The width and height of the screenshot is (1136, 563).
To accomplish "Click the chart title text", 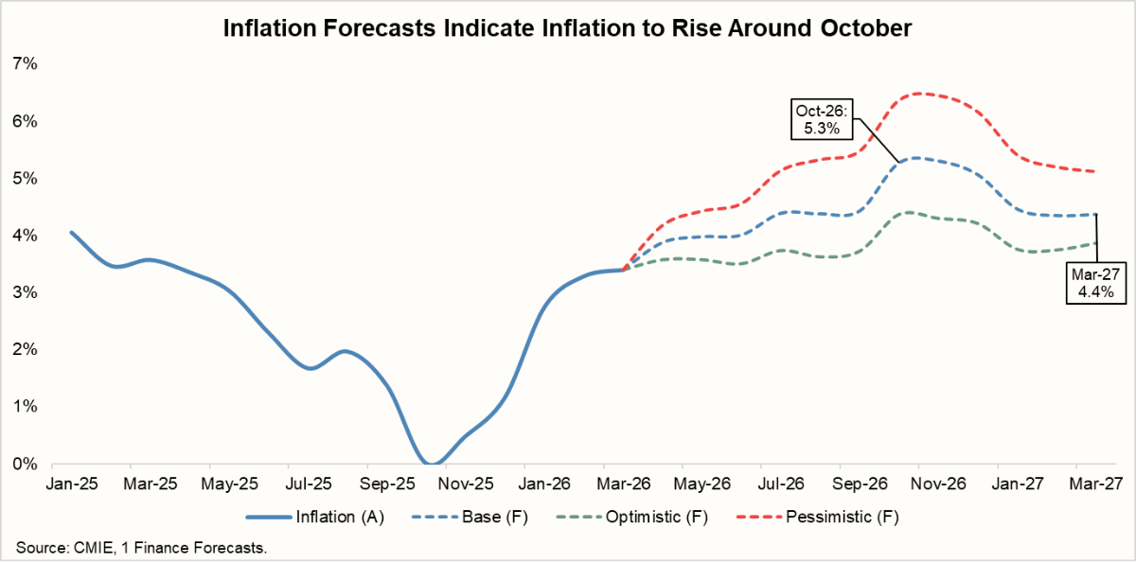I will [567, 28].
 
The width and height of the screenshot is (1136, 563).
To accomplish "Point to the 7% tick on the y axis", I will [25, 64].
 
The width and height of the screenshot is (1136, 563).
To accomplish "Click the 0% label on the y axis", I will [25, 464].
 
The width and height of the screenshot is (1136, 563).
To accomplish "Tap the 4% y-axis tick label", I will [25, 236].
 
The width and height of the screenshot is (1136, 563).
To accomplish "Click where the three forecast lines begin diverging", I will [624, 270].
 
